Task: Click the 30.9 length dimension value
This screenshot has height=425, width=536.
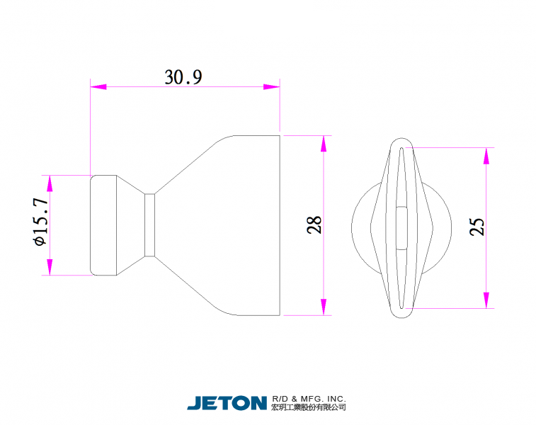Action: (183, 77)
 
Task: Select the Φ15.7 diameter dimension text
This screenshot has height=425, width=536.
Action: (40, 222)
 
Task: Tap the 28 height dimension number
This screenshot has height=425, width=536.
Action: (314, 225)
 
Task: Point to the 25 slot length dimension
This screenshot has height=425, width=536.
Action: (477, 227)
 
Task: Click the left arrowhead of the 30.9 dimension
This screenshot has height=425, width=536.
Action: (98, 87)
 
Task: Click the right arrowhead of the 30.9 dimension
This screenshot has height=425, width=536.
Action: (272, 87)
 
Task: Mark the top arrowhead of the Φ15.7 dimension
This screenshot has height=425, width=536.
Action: (50, 183)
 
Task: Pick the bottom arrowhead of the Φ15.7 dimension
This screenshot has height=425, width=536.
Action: (50, 267)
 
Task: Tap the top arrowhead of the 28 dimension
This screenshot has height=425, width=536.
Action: (324, 144)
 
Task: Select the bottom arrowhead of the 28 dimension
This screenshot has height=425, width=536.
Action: (324, 307)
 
